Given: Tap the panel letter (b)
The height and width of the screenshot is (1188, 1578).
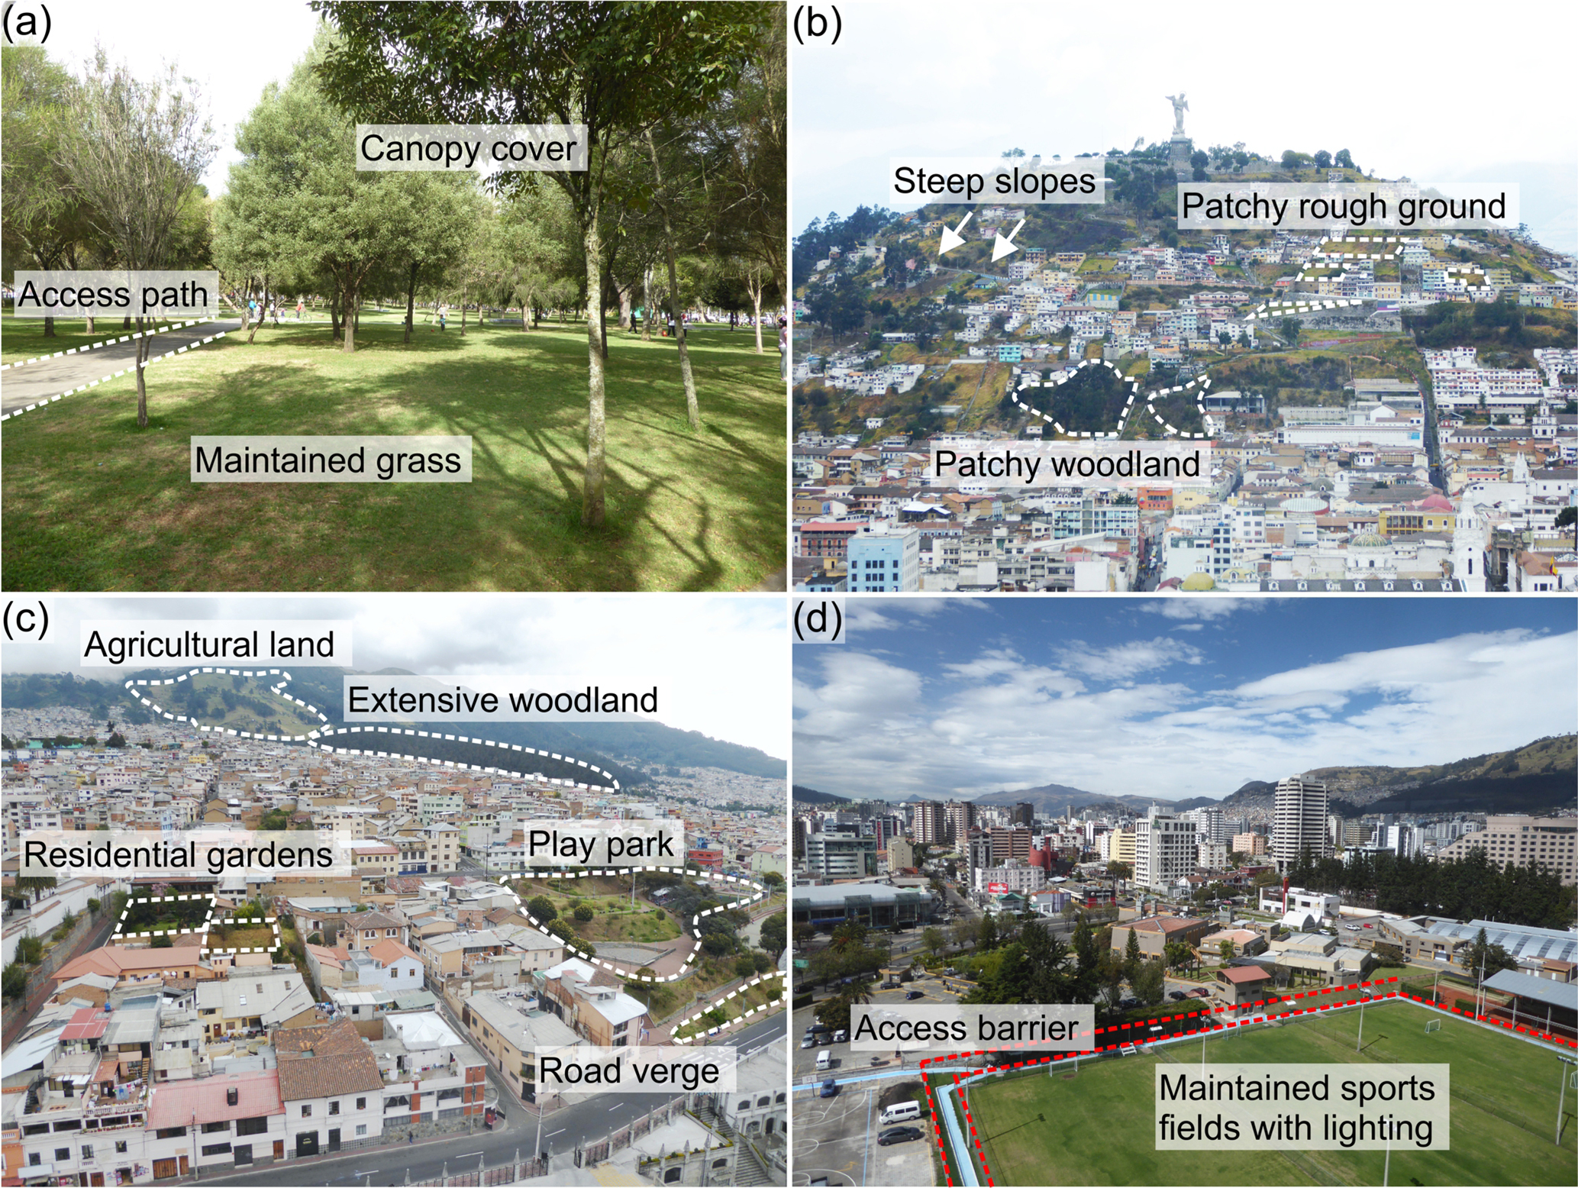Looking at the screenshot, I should click(x=818, y=24).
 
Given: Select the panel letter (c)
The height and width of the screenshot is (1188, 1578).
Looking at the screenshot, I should click(x=26, y=618).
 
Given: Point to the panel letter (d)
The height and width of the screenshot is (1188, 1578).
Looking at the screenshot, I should click(x=818, y=618).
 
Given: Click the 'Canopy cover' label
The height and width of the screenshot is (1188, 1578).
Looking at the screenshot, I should click(x=468, y=148).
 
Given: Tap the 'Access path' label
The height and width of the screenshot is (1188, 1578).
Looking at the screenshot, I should click(x=113, y=294).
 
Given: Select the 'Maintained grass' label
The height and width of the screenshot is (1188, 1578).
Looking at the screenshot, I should click(x=328, y=460).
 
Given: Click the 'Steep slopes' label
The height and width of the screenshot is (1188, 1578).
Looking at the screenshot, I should click(x=994, y=181).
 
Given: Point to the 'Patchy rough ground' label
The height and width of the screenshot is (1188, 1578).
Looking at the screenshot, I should click(x=1344, y=206).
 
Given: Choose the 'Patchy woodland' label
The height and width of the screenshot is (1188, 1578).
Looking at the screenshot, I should click(x=1067, y=464).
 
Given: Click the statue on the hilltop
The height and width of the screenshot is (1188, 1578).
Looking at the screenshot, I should click(x=1179, y=115).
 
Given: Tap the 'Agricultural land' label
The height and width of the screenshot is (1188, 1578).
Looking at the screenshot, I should click(x=209, y=644).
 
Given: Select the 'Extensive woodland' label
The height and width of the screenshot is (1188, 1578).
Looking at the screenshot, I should click(x=502, y=699).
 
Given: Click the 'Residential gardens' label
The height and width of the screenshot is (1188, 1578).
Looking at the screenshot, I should click(x=178, y=854).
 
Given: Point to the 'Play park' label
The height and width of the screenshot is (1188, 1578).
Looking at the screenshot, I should click(x=601, y=844).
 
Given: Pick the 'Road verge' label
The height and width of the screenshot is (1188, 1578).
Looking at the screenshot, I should click(x=629, y=1070).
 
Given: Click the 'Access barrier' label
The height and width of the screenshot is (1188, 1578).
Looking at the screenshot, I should click(x=966, y=1027).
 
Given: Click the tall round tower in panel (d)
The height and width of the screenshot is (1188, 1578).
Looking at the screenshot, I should click(x=1300, y=821).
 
